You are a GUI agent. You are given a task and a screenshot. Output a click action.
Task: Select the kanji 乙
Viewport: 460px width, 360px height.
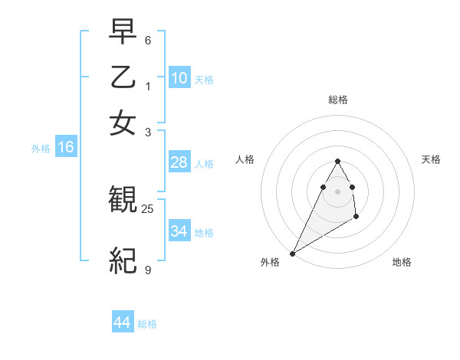click(123, 77)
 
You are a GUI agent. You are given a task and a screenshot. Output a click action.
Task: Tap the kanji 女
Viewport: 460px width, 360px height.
click(123, 122)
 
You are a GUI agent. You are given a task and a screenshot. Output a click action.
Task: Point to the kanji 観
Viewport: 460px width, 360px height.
click(123, 201)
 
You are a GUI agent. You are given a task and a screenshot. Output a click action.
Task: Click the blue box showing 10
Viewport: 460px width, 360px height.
click(179, 78)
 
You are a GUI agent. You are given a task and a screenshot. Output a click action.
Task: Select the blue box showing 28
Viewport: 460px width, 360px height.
click(179, 162)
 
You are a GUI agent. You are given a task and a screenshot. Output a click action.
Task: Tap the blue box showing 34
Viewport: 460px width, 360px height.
click(179, 231)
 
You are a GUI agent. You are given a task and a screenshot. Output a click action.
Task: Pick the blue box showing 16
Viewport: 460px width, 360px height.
click(66, 148)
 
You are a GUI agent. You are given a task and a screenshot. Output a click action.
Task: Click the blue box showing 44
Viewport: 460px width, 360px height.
click(123, 322)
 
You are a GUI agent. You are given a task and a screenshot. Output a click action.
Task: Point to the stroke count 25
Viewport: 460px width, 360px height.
click(148, 208)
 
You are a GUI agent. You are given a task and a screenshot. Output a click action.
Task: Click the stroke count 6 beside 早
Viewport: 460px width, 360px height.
click(148, 39)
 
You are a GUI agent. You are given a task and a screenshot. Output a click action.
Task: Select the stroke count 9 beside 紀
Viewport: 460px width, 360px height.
click(148, 270)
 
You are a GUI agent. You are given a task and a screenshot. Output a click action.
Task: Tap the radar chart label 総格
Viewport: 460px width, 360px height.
click(337, 100)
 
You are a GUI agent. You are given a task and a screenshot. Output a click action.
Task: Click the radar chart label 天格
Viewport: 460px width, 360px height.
click(431, 159)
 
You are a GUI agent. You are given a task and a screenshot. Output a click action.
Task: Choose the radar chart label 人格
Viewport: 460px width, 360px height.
click(245, 159)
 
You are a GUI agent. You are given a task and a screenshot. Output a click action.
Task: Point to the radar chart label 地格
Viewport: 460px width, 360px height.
click(402, 262)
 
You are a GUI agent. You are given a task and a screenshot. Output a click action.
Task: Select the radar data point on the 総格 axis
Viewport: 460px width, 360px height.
click(337, 161)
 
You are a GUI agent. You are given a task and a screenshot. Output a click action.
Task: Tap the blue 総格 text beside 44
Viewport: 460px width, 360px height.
click(147, 324)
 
